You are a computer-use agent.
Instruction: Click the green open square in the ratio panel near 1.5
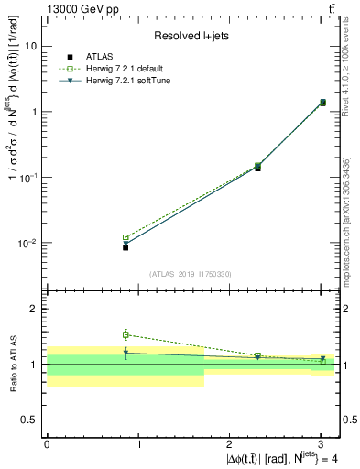coord(125,334)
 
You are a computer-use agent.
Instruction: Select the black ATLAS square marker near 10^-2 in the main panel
coord(125,247)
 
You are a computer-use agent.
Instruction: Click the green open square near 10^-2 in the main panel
coord(125,237)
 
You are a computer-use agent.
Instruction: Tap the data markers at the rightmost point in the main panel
coord(322,103)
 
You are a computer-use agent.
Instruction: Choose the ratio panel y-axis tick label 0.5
coord(30,420)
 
